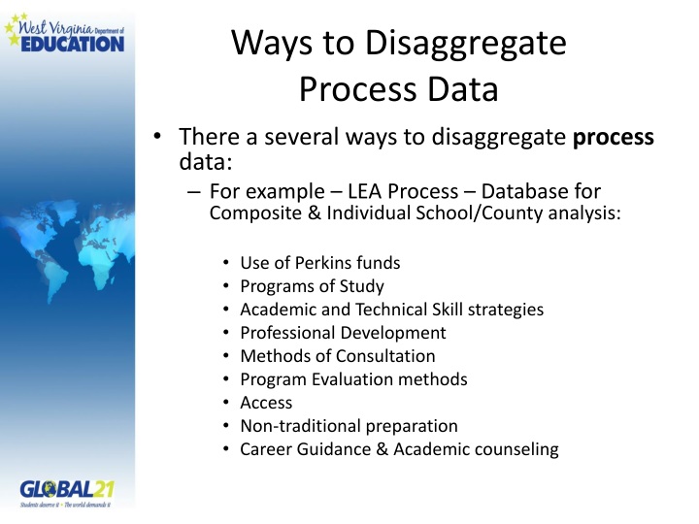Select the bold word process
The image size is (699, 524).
tap(613, 137)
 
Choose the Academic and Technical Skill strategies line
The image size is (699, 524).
tap(391, 310)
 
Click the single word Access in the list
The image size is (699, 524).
tap(266, 403)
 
